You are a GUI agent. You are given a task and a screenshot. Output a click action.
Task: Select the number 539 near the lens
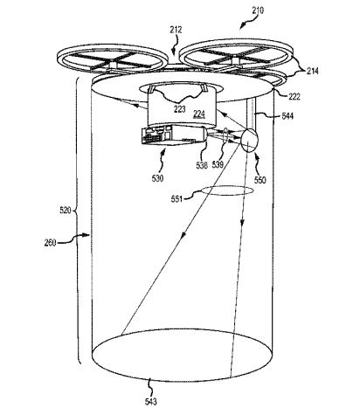tap(219, 162)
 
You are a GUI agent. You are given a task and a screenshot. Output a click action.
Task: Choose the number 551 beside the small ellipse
tap(177, 199)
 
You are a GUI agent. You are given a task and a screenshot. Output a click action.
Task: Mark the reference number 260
tap(50, 244)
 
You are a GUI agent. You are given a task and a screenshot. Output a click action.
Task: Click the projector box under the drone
tap(171, 136)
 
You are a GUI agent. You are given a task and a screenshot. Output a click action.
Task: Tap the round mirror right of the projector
tap(250, 141)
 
